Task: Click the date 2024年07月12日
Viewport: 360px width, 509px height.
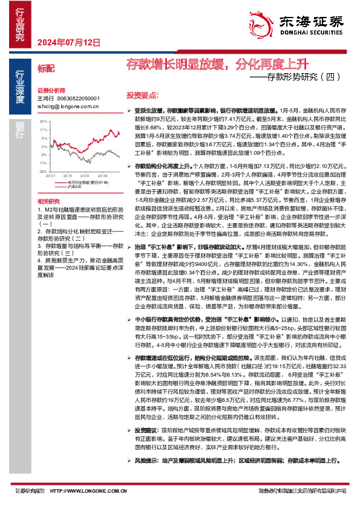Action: (x=68, y=42)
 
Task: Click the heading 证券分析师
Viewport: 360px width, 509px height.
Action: (x=50, y=88)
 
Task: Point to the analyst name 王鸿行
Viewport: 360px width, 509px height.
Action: (x=45, y=97)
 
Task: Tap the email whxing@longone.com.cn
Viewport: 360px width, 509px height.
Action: (x=68, y=106)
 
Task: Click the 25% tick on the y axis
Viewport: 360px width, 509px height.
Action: (x=43, y=121)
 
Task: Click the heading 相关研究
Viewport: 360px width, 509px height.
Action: (x=48, y=200)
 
